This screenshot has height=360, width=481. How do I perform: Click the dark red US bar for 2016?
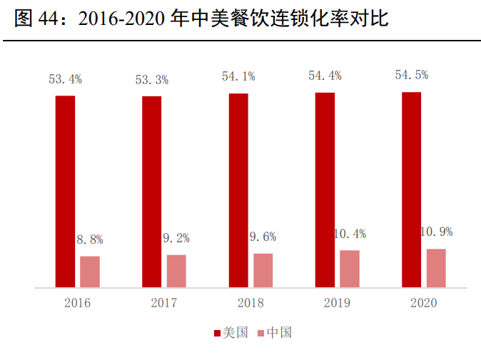click(65, 191)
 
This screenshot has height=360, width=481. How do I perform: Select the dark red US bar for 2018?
click(238, 190)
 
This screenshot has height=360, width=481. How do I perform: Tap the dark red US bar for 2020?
click(412, 190)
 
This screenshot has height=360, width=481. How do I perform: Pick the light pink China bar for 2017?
click(176, 271)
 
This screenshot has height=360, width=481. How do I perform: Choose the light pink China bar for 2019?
click(350, 269)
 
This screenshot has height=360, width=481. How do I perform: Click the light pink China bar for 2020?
click(436, 268)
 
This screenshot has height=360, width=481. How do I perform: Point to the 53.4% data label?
click(65, 79)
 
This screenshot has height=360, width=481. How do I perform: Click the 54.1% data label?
click(238, 76)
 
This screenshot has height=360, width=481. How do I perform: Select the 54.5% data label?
click(412, 76)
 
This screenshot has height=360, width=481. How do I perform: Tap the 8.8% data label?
click(90, 240)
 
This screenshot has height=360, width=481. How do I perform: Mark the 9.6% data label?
click(263, 237)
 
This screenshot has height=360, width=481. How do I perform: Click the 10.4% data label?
click(350, 233)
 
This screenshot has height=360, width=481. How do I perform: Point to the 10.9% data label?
click(436, 232)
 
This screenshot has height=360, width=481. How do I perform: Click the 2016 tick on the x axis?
click(77, 303)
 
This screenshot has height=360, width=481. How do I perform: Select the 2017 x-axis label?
click(164, 303)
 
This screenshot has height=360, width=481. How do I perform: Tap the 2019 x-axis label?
click(337, 303)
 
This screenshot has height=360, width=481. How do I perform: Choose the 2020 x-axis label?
click(424, 303)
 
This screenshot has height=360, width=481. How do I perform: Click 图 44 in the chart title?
click(35, 19)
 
